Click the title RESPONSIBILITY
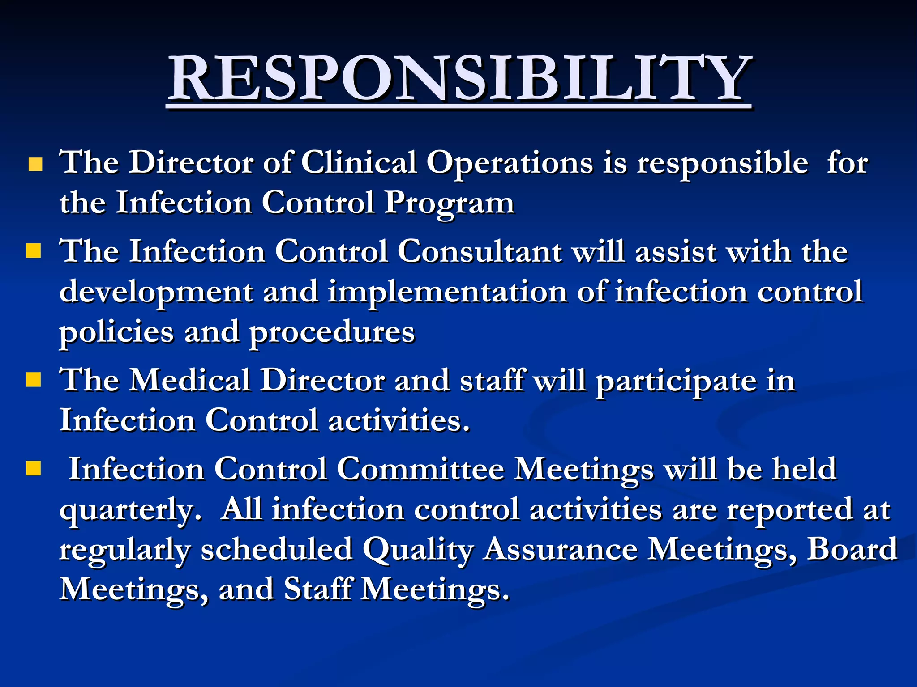click(459, 78)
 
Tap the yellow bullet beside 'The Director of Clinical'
click(35, 165)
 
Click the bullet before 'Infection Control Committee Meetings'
click(34, 469)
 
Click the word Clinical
click(359, 162)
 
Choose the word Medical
click(190, 380)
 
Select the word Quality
click(418, 550)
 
